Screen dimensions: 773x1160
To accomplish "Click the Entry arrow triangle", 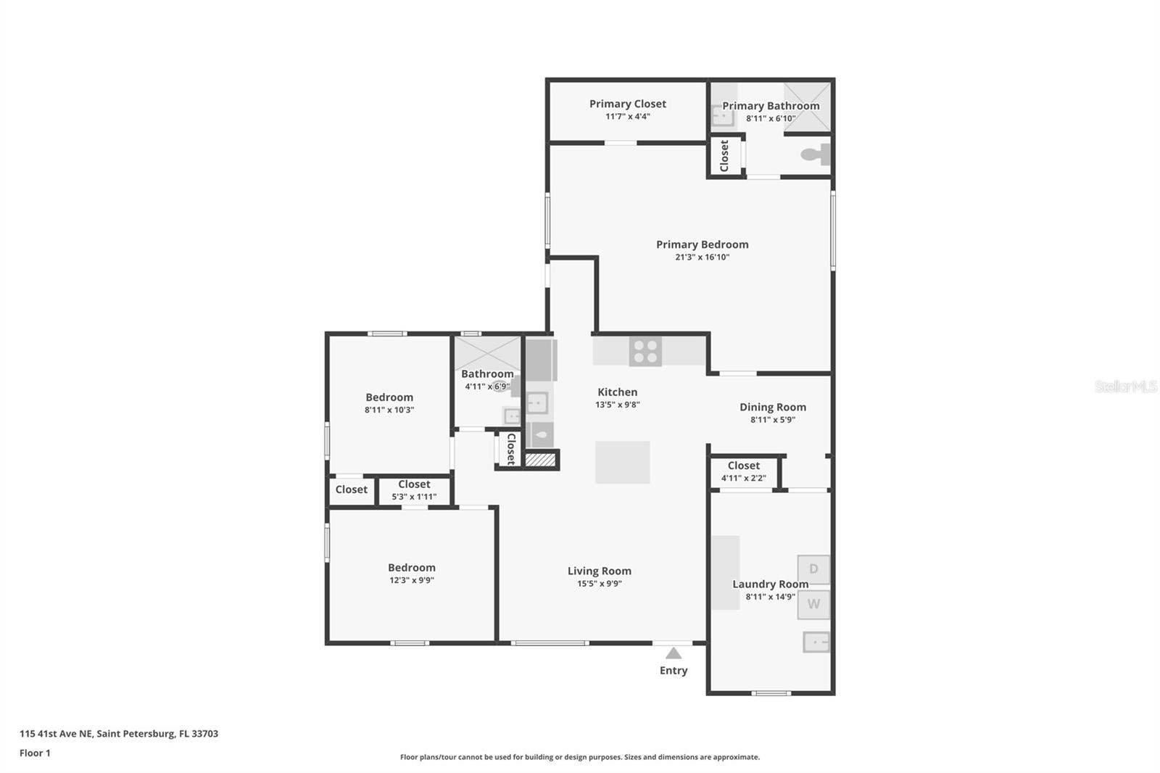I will [674, 653].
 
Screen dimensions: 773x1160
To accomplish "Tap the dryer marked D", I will [813, 569].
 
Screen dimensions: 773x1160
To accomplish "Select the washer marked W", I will [813, 604].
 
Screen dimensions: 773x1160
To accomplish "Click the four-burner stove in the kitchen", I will [645, 352].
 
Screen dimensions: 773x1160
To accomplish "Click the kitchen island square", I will [623, 462].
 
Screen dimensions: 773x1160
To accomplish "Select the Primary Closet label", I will [627, 104].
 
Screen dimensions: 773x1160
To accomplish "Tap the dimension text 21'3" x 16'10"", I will [702, 257].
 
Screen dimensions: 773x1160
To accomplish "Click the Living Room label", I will [599, 571].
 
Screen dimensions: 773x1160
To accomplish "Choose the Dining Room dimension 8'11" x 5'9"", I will [772, 419].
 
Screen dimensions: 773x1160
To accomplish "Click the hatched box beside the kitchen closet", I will [539, 460].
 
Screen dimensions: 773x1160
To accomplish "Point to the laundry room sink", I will [816, 642].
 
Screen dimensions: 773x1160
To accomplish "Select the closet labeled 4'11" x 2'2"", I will [744, 471].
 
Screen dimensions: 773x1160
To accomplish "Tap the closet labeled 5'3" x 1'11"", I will [414, 490].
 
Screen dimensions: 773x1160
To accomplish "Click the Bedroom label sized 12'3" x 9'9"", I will [411, 568].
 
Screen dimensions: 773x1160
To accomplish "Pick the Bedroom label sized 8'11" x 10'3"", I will [389, 397].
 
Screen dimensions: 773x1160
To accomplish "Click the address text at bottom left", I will [119, 733].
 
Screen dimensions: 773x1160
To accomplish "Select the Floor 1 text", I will [35, 753].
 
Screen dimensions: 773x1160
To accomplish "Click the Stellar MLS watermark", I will [1125, 386].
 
